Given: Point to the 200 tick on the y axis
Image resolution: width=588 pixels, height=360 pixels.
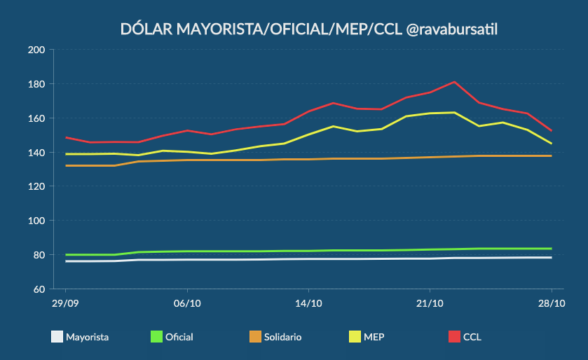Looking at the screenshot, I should tap(36, 50).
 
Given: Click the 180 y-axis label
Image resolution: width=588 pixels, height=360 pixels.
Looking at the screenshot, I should tap(36, 84).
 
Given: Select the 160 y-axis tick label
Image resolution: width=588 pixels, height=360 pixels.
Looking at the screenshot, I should tap(36, 118).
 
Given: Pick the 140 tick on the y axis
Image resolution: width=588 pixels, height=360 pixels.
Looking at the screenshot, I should tap(36, 153).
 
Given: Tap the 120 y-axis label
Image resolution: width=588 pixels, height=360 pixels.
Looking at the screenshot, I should tap(36, 186).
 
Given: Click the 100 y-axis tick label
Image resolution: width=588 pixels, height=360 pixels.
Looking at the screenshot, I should tap(36, 221).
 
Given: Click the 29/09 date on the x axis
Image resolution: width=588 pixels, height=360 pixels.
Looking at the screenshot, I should tap(65, 303).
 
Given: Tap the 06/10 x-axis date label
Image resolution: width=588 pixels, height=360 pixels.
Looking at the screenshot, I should tap(186, 303).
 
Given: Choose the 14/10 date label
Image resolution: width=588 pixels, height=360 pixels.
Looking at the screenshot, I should tap(308, 303).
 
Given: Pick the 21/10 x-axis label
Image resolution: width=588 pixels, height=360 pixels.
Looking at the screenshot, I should tap(430, 303).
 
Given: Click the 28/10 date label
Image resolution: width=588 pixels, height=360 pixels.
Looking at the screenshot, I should tap(552, 303).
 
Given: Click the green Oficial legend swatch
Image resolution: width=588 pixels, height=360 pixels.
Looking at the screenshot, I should tap(156, 337).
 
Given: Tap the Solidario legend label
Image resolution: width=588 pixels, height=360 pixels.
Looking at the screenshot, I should tap(282, 337).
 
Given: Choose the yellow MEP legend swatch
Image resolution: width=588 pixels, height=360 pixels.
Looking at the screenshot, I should tap(355, 337).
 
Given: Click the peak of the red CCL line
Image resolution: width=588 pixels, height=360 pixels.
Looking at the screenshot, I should tap(454, 82).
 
